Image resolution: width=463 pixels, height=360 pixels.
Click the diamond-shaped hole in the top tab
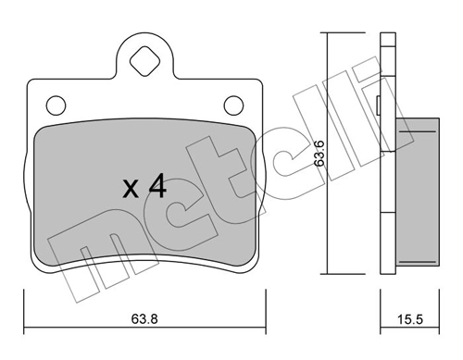[144, 63]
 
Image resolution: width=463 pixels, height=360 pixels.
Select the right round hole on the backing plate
[231, 104]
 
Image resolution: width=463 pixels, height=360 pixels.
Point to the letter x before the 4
[131, 192]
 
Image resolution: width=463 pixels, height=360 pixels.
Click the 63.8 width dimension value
[144, 321]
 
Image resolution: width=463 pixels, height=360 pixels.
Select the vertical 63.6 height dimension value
[319, 153]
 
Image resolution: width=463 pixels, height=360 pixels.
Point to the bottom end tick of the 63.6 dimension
[327, 275]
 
